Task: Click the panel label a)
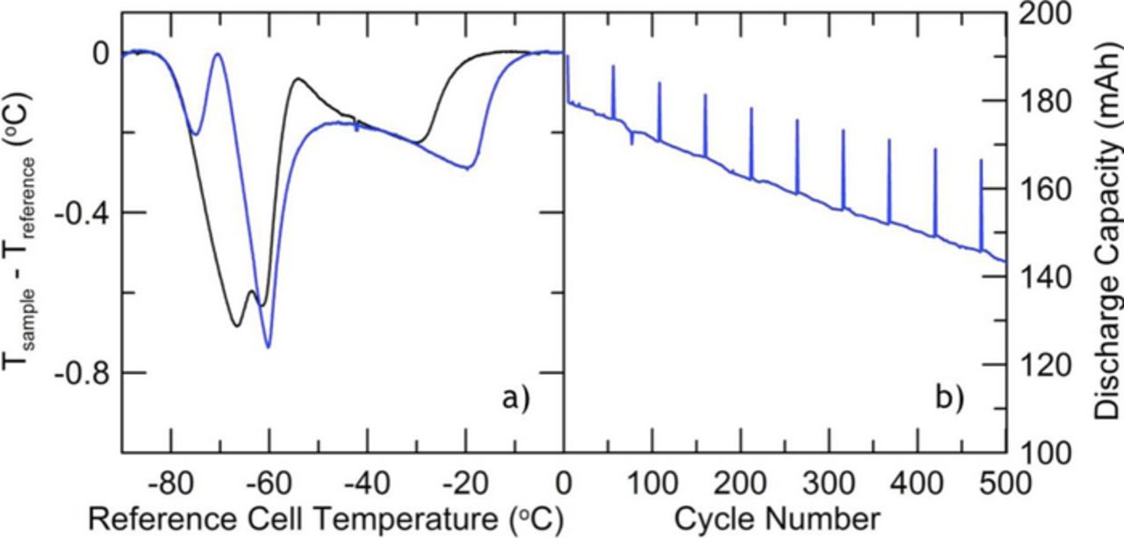tap(515, 400)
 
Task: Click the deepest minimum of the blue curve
tap(269, 348)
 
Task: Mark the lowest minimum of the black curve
tap(237, 326)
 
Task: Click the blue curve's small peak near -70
tap(218, 54)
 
